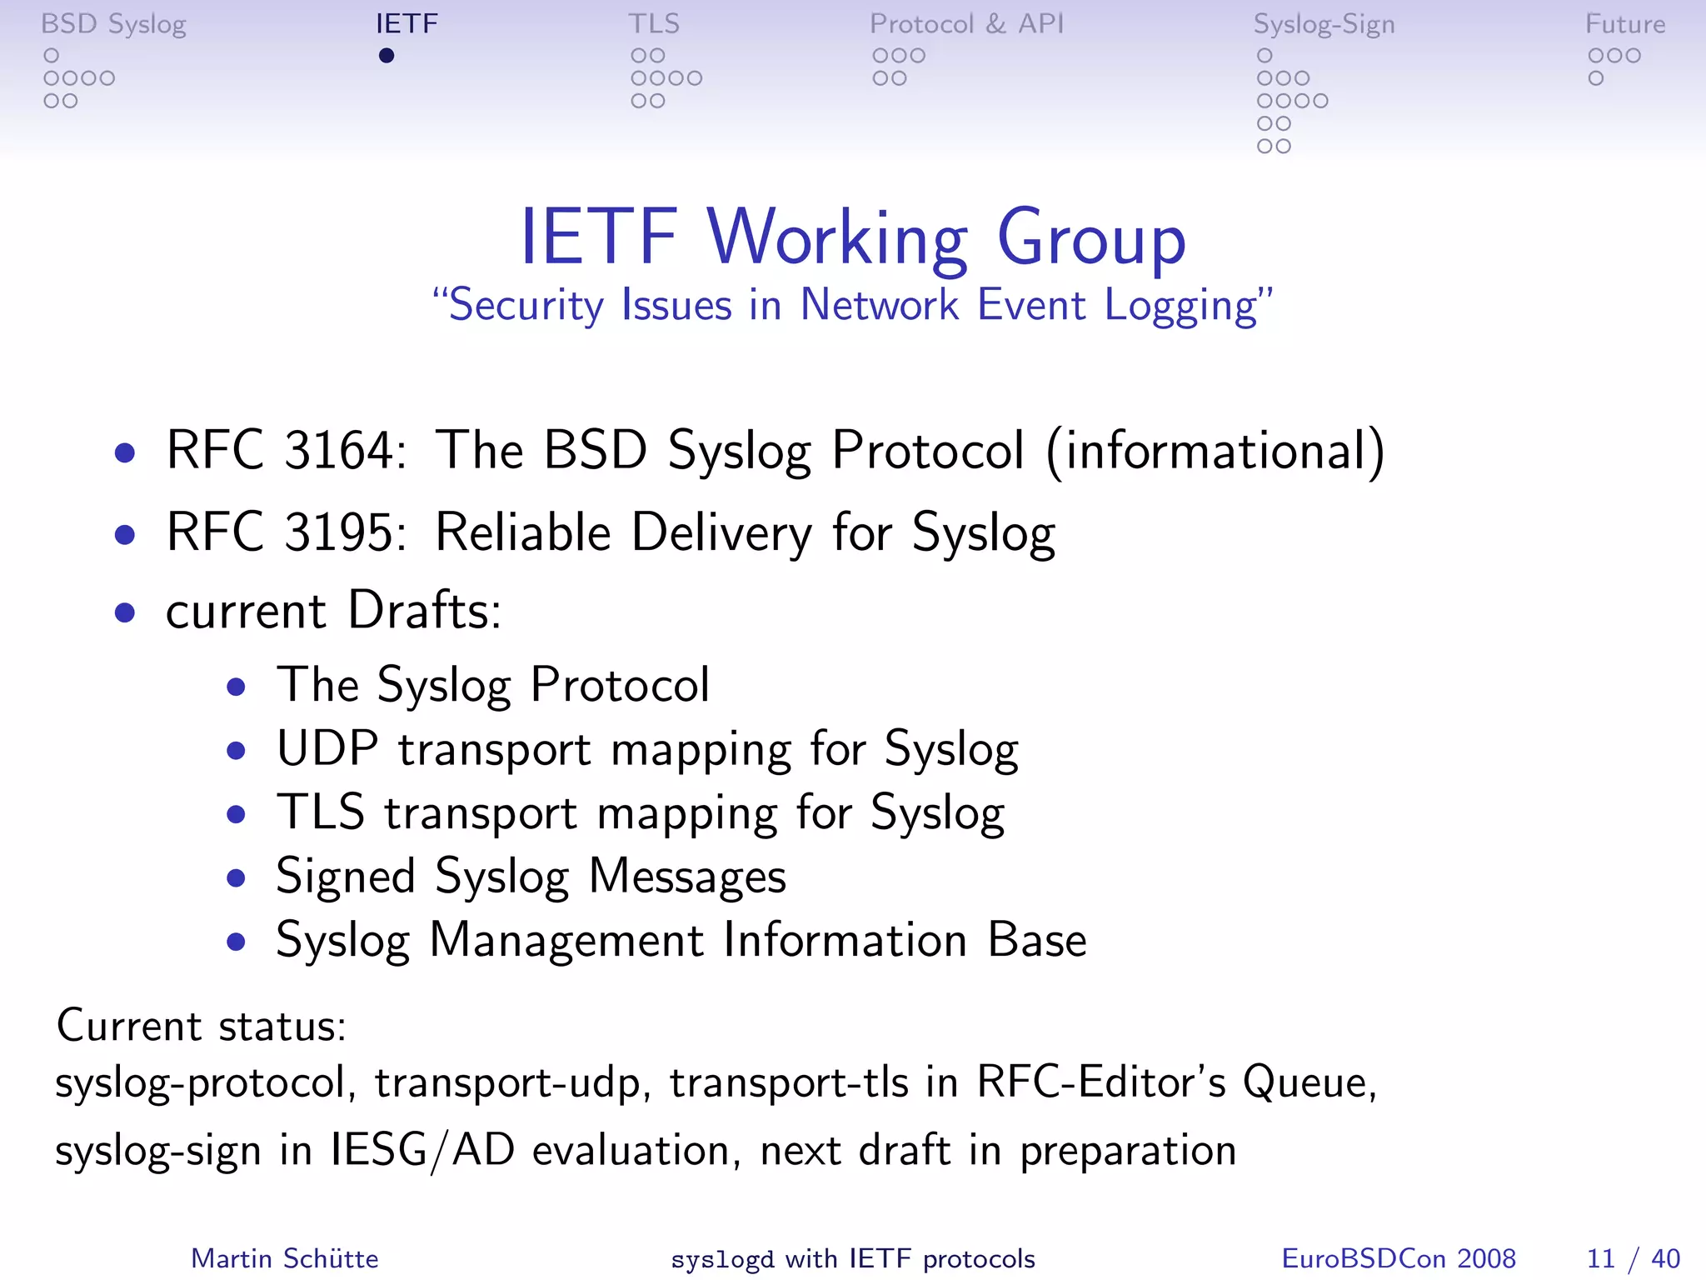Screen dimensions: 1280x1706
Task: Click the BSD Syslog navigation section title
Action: click(113, 24)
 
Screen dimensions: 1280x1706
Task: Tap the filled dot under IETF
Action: click(386, 56)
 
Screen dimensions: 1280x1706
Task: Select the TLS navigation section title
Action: click(654, 24)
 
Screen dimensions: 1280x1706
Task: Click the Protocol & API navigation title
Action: click(966, 24)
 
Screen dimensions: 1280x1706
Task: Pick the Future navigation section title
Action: click(1624, 24)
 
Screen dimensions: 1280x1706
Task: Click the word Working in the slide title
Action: click(837, 238)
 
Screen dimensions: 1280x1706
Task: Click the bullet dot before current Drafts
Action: click(125, 613)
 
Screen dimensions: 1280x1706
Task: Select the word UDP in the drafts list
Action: click(327, 748)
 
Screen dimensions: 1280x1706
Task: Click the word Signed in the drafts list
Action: click(345, 877)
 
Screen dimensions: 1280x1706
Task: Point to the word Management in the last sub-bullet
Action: click(566, 941)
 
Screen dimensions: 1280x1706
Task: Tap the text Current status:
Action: click(201, 1026)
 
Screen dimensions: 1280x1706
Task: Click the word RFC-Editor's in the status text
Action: click(1100, 1083)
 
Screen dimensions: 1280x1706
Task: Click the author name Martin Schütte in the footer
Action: click(284, 1258)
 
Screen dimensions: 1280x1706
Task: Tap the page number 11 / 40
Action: click(1633, 1258)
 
